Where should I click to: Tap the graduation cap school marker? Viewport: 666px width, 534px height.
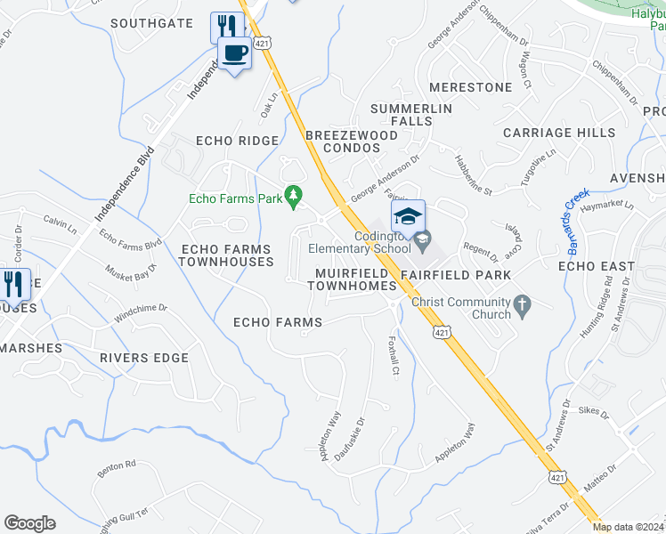408,216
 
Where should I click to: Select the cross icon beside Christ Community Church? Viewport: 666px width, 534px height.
524,308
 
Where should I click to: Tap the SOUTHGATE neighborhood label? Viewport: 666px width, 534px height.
151,22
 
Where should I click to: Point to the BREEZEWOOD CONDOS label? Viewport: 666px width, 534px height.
352,141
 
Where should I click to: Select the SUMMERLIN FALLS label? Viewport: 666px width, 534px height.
411,115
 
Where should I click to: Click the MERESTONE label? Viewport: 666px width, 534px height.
470,87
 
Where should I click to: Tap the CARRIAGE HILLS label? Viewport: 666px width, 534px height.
559,133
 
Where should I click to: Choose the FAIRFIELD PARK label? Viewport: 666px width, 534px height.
455,275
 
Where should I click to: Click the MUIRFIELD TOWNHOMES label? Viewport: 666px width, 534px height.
351,279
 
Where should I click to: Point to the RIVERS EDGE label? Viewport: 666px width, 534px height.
144,358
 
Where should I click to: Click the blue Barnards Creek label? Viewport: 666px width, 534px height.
575,218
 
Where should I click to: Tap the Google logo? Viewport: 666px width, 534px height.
29,523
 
